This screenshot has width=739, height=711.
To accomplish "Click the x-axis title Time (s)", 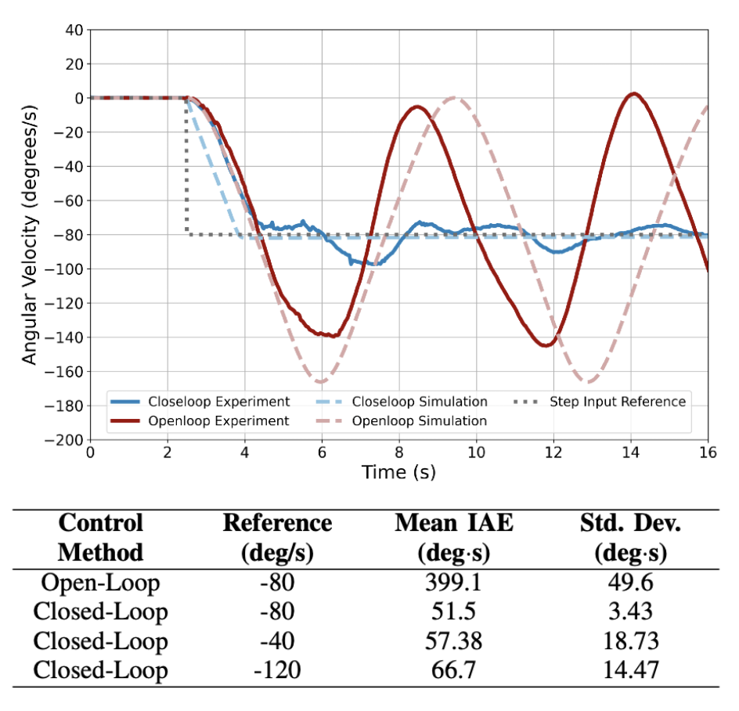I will click(398, 472).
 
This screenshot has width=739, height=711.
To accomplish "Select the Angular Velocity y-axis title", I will click(30, 235).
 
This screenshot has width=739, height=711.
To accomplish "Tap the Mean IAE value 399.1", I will click(453, 583).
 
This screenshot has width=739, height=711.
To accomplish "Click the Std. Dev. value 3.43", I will click(630, 612).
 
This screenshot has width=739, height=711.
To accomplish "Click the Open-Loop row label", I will click(100, 583).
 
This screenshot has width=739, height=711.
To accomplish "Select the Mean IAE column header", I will click(453, 537).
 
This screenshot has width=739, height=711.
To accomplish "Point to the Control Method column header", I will click(100, 537).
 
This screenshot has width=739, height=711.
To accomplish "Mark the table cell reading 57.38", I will click(453, 641).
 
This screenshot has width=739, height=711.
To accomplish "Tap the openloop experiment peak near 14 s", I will click(633, 94).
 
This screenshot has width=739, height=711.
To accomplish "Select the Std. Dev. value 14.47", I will click(630, 670).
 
